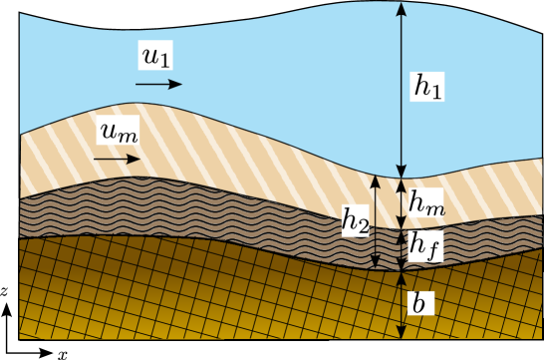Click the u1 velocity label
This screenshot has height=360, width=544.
(x=156, y=58)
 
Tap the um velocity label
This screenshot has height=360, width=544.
(x=118, y=132)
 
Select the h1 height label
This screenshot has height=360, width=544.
(x=428, y=88)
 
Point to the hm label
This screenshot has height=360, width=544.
(x=425, y=203)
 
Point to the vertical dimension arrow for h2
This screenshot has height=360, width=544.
(x=376, y=222)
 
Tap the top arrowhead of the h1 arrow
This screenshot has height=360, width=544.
(x=401, y=8)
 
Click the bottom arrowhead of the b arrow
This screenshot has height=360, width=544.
(x=401, y=331)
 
